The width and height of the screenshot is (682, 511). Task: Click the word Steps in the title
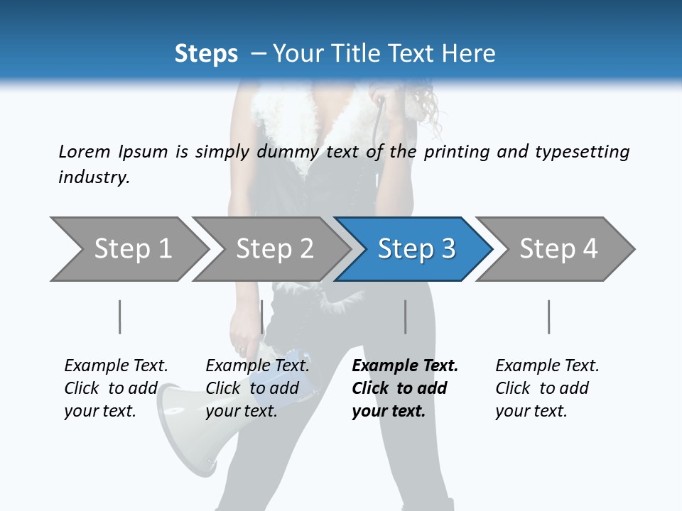206,54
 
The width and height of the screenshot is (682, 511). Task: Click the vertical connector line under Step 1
119,317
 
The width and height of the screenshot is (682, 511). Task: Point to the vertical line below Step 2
262,317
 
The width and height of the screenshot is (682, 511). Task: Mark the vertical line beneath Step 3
405,317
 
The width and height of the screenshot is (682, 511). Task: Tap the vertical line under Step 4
548,317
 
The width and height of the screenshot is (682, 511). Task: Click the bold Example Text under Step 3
404,388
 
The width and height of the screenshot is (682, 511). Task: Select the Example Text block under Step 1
116,388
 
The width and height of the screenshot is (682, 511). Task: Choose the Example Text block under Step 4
547,388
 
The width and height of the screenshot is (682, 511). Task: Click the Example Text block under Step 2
257,388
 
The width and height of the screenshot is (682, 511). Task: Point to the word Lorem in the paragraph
84,152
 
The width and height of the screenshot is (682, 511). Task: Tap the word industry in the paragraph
93,177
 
